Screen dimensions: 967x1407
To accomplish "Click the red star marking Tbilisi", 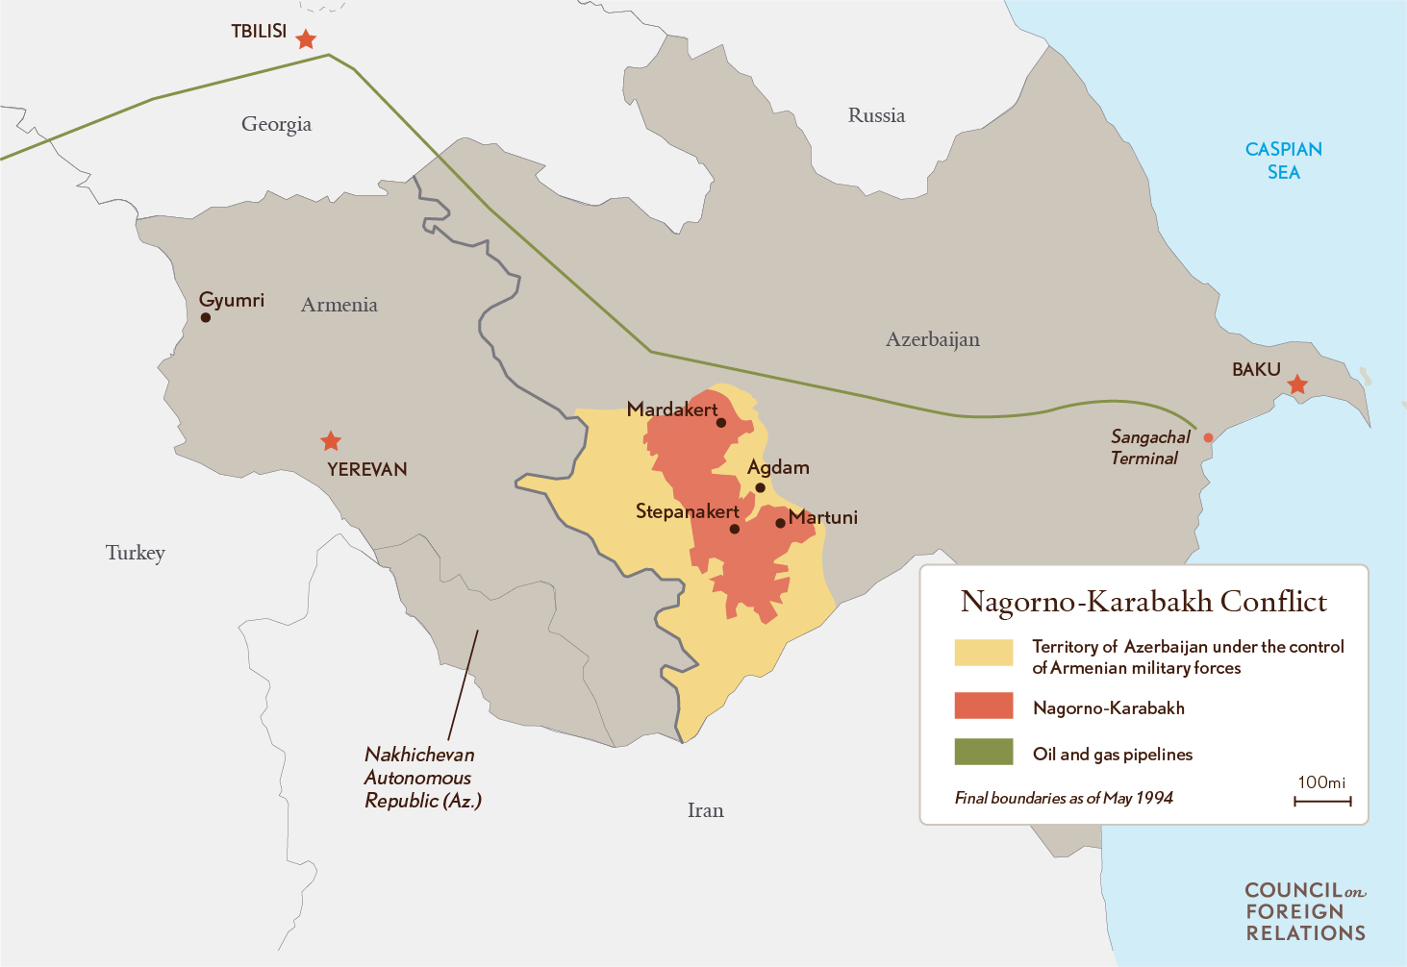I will (306, 39).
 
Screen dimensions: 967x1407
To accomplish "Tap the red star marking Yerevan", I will (331, 441).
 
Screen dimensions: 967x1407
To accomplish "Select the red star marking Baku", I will (1297, 384).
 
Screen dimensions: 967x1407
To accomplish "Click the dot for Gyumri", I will (205, 317).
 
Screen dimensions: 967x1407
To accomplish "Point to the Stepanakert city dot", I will (735, 529).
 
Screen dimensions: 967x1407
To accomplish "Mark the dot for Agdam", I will (760, 487).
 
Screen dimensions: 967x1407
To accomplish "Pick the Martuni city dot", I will (780, 523).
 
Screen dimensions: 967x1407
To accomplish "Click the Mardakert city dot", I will (721, 422).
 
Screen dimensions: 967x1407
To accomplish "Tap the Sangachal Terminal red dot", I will (1209, 437).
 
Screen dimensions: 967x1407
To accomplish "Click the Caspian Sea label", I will (1283, 161).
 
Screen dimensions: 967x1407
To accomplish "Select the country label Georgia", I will (276, 124).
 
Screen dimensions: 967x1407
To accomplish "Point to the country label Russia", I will (876, 115).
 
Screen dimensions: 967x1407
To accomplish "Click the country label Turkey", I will (136, 553).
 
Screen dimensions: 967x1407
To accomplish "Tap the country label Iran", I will (705, 810).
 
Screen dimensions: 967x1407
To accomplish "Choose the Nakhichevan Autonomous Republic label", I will (421, 778).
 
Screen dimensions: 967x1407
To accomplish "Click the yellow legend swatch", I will (983, 653).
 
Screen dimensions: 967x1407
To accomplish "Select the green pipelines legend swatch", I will (983, 752).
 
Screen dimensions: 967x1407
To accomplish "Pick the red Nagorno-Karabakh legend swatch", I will (983, 706).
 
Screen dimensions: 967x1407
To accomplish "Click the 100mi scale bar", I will (1322, 800).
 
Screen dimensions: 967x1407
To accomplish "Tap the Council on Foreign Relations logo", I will (1305, 911).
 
